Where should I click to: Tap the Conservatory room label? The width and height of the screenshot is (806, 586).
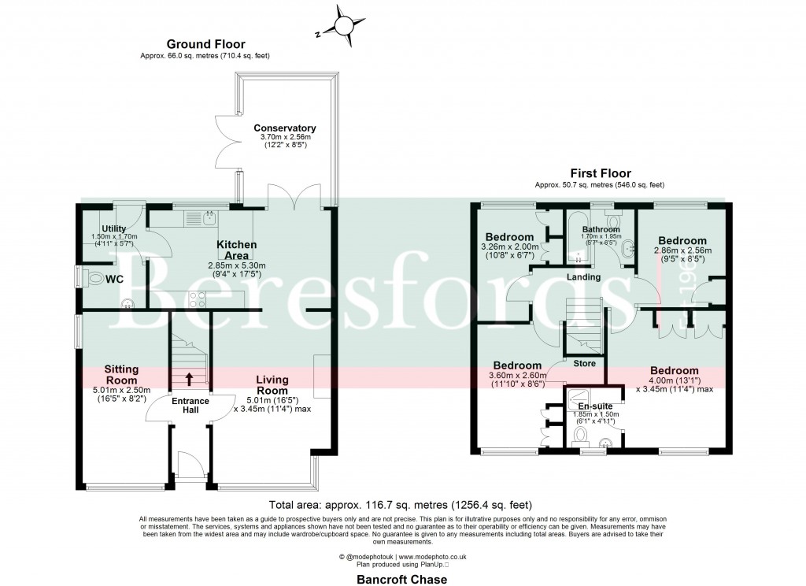284,128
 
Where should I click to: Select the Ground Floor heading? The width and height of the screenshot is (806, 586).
205,45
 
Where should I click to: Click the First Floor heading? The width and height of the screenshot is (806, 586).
599,174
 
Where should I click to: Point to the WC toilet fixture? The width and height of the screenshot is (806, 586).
97,278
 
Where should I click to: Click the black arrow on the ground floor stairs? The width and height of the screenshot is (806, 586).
189,378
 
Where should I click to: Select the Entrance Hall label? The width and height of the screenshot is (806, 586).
190,406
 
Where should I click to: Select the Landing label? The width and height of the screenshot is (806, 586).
582,277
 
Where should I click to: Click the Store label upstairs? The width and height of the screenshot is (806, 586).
583,363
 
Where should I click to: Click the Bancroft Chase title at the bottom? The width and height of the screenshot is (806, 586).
401,579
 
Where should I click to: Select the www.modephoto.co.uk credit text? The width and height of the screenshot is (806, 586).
439,557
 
